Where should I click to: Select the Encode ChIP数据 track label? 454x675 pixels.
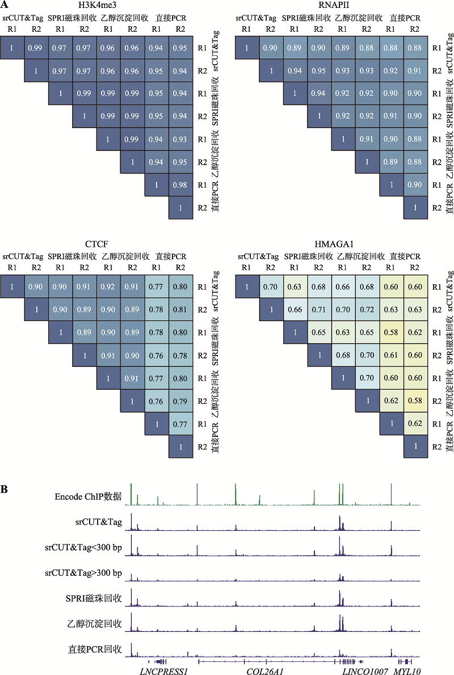(x=88, y=496)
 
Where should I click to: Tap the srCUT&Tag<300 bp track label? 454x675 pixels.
(x=83, y=548)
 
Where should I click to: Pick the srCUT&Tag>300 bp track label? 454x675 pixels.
(x=83, y=573)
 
